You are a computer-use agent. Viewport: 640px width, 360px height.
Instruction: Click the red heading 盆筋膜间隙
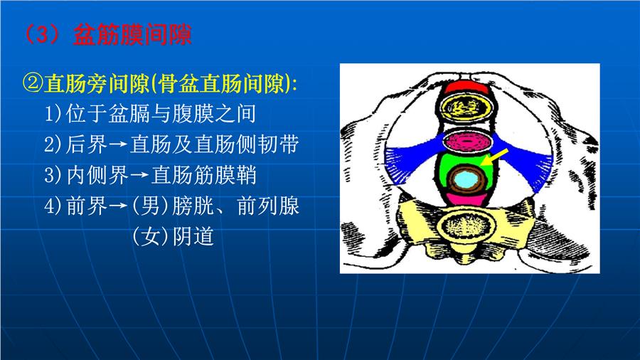point(132,35)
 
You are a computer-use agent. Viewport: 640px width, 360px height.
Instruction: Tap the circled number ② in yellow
point(33,84)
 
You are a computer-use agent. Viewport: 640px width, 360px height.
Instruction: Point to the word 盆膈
point(129,113)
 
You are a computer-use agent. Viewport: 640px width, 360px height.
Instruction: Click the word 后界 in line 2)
point(87,144)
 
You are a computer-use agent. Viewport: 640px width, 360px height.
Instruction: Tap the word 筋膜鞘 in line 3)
point(225,175)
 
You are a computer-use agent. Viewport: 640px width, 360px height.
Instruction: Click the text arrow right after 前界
point(118,206)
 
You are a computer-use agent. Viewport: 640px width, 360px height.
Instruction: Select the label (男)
point(150,206)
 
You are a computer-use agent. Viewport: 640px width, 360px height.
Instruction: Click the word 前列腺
point(268,206)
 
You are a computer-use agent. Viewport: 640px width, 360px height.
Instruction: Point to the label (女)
point(150,236)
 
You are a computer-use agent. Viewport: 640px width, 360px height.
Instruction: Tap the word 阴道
point(193,236)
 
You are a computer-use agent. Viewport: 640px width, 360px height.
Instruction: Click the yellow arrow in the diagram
point(494,157)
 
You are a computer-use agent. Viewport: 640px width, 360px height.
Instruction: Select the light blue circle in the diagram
point(466,179)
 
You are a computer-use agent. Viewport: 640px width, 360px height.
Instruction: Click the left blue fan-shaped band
point(413,159)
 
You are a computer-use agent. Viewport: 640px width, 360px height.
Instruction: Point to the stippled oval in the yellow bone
point(466,226)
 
